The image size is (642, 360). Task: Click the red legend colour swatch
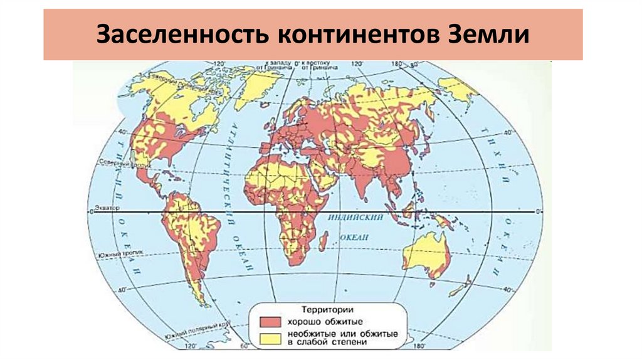(x=268, y=321)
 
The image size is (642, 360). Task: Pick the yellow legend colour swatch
(x=268, y=337)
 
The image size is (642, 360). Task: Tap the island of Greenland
(x=257, y=85)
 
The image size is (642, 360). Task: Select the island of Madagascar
(x=324, y=241)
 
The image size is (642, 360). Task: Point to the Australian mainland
(x=426, y=254)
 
